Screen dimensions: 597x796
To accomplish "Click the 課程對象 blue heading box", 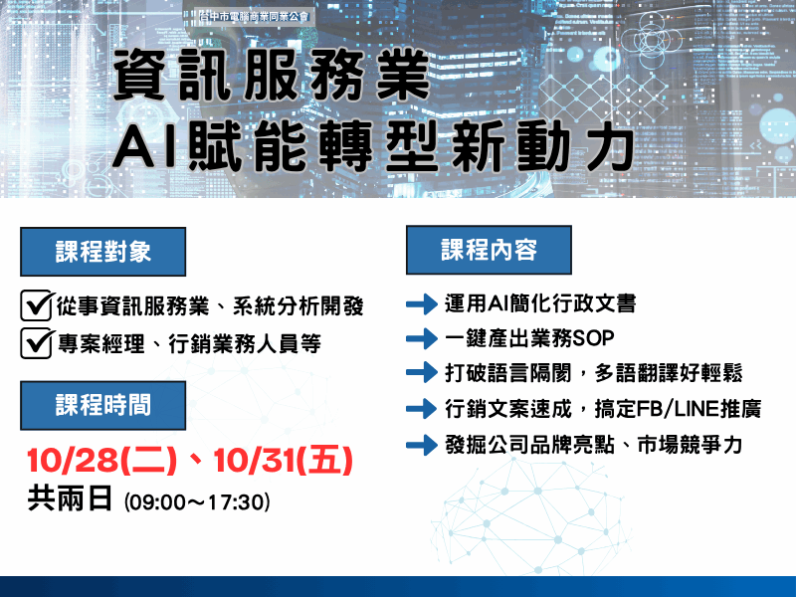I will point(103,252).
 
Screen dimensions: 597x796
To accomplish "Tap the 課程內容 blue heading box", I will point(489,250).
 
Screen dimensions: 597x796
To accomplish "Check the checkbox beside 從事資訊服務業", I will point(37,304).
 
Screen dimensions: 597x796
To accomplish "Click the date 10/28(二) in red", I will point(101,461).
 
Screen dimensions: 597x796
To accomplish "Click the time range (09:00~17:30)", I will point(198,501).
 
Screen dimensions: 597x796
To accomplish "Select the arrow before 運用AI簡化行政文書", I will point(422,303).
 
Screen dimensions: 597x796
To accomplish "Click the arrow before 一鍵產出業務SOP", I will point(422,337).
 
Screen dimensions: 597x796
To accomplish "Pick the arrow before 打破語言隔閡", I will point(422,373).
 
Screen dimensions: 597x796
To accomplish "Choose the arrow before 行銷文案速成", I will point(422,408).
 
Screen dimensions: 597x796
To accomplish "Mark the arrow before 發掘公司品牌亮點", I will point(422,444).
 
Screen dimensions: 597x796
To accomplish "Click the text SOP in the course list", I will point(593,338).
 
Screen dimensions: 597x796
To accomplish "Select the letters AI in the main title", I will point(145,147).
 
